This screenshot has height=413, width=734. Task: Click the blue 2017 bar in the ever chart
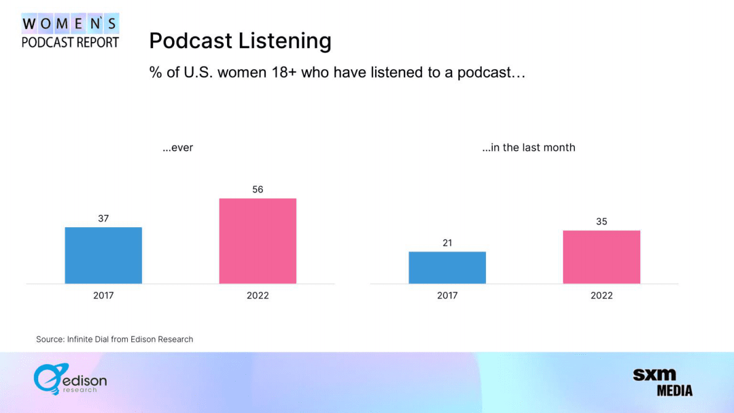[x=104, y=256]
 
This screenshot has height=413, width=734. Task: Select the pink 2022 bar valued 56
[x=258, y=241]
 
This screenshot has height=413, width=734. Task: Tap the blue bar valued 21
[x=447, y=267]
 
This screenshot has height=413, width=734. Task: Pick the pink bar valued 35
[x=601, y=257]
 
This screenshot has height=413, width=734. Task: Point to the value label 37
[x=104, y=219]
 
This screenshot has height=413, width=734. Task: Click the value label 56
[x=258, y=190]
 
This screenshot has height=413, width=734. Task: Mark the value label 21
[x=447, y=243]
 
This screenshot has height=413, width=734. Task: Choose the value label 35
[x=601, y=222]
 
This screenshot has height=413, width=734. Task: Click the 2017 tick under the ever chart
[x=104, y=296]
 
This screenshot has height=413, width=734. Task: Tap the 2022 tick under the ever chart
[x=258, y=296]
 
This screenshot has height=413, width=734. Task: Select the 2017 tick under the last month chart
[x=447, y=296]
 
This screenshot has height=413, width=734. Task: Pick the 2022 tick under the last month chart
[x=601, y=296]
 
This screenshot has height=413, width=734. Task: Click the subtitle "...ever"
[x=178, y=148]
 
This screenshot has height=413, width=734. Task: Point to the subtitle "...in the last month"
[x=529, y=148]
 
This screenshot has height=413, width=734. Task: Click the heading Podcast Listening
[x=240, y=41]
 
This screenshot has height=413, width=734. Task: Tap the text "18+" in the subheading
[x=286, y=72]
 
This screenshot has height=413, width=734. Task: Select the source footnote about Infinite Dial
[x=115, y=339]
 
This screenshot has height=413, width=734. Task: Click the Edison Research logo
[x=70, y=379]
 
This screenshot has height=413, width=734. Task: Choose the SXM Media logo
[x=662, y=382]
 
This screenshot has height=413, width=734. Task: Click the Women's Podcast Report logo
[x=70, y=31]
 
